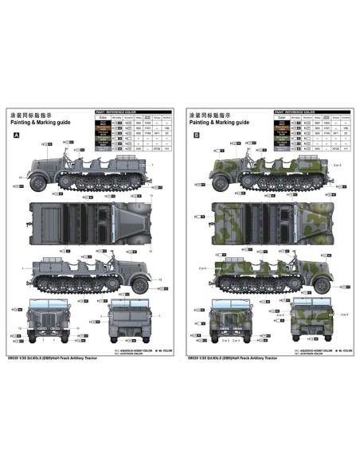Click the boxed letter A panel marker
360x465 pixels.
pyautogui.click(x=17, y=136)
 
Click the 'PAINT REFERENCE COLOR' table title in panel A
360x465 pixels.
pyautogui.click(x=118, y=112)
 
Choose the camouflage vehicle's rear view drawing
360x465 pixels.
pyautogui.click(x=307, y=318)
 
